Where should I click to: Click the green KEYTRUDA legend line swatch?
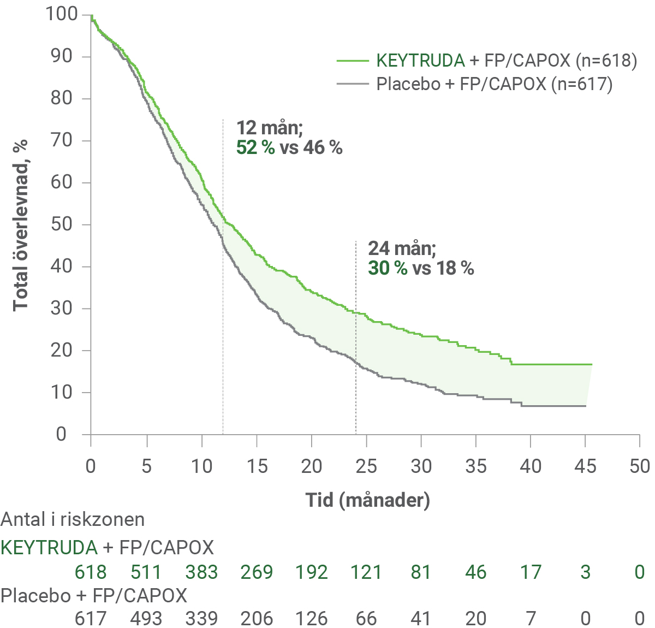353,60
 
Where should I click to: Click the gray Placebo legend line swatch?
353,84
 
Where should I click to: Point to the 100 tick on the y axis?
62,14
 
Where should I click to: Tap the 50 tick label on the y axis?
62,224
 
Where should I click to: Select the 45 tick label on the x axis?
585,466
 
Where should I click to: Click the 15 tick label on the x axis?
257,466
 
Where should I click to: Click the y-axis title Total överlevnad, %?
20,225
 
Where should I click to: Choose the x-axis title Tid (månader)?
367,500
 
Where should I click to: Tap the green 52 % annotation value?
255,147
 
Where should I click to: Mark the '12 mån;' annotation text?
269,128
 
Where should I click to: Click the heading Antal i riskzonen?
73,519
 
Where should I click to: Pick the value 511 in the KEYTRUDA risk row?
146,572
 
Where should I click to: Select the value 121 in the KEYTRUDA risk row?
366,572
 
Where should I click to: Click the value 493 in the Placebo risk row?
146,618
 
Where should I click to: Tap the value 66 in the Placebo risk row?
366,618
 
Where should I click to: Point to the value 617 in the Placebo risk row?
91,618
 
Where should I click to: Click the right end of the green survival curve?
592,364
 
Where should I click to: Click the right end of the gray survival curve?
586,406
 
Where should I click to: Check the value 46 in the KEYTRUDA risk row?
475,572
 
